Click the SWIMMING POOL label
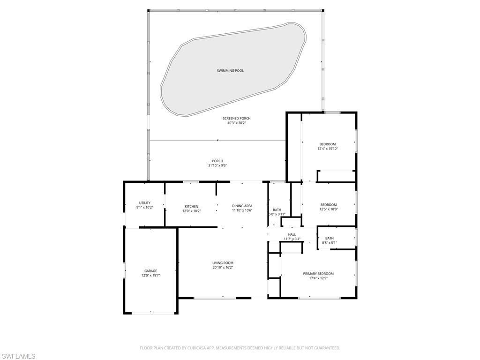(x=230, y=71)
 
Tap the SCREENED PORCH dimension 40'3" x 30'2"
(x=237, y=123)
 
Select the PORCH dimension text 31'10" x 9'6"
(x=217, y=165)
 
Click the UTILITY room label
(x=144, y=203)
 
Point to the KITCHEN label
(x=191, y=206)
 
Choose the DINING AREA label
(x=242, y=206)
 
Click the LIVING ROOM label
(x=223, y=263)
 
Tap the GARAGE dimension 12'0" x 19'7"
(x=150, y=276)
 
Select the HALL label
(x=292, y=234)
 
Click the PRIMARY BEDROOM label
(x=318, y=274)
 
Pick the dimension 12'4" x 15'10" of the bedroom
(x=328, y=149)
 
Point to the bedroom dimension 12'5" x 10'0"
(x=329, y=209)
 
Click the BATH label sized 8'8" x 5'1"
(x=330, y=238)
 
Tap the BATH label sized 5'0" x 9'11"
(x=277, y=210)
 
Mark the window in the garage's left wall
(x=124, y=271)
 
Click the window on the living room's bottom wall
(x=215, y=298)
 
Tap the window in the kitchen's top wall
(x=191, y=182)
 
